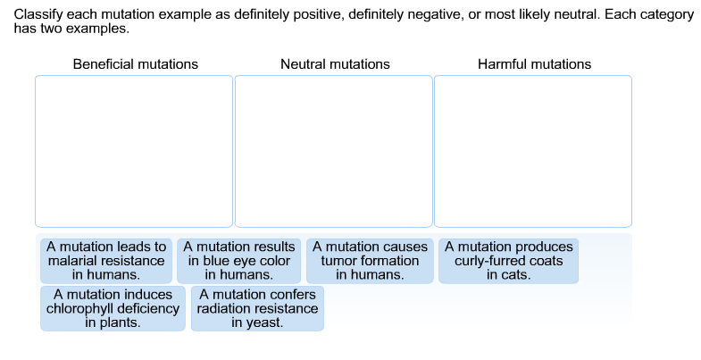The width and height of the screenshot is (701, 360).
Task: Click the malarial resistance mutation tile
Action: coord(106,260)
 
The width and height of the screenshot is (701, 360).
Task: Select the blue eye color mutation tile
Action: coord(239,260)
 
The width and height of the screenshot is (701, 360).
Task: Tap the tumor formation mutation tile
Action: coord(371,260)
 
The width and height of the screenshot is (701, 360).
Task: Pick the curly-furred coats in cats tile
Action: coord(508,260)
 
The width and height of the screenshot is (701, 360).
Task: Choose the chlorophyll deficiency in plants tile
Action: coord(113,308)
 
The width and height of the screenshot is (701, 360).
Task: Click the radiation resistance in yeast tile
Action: coord(257,308)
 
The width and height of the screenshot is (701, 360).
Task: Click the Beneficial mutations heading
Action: coord(136,64)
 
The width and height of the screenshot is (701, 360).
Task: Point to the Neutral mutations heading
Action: coord(335,64)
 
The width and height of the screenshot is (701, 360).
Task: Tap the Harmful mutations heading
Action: coord(534,64)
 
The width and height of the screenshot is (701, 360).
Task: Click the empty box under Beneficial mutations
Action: coord(134,150)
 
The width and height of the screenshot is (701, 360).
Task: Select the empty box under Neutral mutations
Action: coord(334,150)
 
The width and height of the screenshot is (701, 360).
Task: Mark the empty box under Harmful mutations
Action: coord(533,150)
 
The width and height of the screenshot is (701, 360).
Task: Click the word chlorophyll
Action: coord(80,308)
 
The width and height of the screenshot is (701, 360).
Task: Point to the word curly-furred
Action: coord(489,261)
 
